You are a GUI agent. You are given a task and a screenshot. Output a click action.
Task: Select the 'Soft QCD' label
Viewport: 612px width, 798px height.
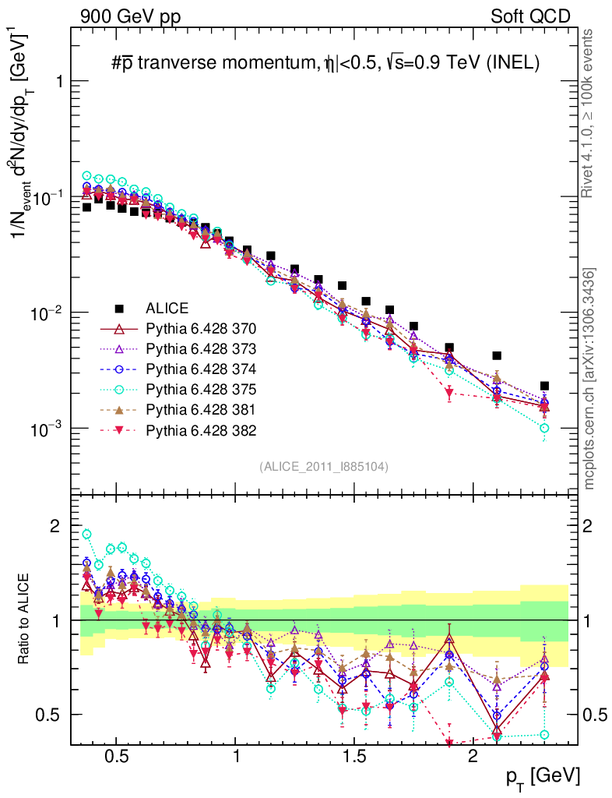[530, 16]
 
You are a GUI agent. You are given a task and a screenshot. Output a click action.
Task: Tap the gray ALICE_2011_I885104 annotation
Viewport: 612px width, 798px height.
[323, 466]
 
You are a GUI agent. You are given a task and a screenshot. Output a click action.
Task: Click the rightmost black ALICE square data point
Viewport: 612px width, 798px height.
[544, 386]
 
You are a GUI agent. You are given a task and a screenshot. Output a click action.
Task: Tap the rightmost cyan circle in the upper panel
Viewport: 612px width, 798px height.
[544, 428]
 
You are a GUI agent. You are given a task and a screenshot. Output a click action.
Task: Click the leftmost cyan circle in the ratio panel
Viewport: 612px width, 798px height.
[87, 535]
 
